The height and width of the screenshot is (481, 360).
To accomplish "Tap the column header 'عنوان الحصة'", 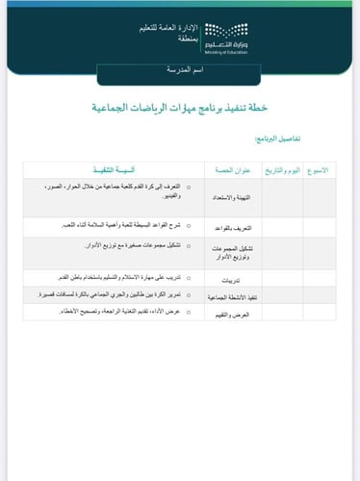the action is (234, 169).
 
